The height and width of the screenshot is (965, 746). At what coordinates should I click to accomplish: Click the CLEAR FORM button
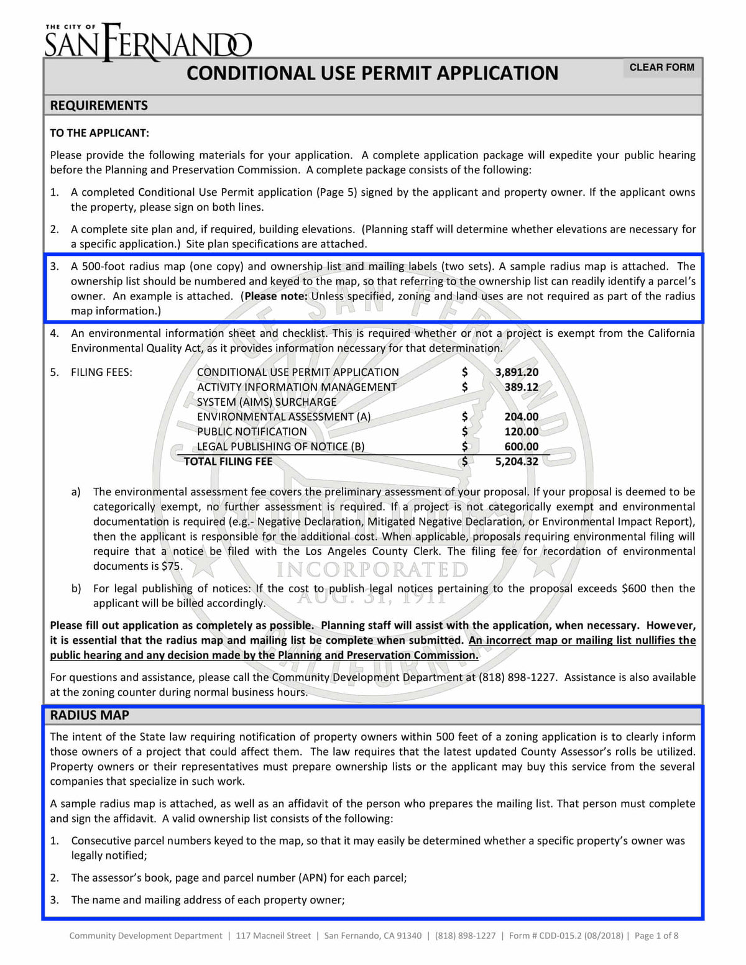tap(661, 67)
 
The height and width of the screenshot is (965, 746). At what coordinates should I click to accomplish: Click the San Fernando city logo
tap(148, 42)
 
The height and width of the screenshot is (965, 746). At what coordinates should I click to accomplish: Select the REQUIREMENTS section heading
tap(99, 106)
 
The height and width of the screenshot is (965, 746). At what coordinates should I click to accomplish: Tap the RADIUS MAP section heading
tap(90, 715)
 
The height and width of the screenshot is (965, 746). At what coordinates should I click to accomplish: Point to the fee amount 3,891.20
tap(517, 372)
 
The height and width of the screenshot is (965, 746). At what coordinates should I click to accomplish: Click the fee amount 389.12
tap(521, 387)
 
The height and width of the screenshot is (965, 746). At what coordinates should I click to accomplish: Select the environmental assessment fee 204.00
tap(521, 417)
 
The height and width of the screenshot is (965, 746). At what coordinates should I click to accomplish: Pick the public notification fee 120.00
tap(521, 432)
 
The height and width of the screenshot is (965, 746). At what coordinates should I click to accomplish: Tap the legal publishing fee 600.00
tap(521, 447)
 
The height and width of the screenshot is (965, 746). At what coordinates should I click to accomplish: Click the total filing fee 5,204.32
tap(517, 462)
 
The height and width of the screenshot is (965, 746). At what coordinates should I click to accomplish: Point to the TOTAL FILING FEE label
tap(228, 462)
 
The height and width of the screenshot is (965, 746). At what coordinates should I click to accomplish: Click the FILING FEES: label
tap(101, 372)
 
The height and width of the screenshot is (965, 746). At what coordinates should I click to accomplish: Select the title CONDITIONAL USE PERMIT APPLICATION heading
tap(372, 73)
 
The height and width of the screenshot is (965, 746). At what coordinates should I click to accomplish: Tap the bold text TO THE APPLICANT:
tap(99, 133)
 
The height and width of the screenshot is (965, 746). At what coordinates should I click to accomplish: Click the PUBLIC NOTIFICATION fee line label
tap(252, 432)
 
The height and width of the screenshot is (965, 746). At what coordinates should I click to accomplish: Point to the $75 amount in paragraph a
tap(172, 566)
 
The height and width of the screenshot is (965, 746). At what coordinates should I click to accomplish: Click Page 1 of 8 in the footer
tap(656, 936)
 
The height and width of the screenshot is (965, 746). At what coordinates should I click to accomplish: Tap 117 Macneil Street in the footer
tap(273, 936)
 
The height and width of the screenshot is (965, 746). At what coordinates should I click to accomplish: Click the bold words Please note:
tap(276, 296)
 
